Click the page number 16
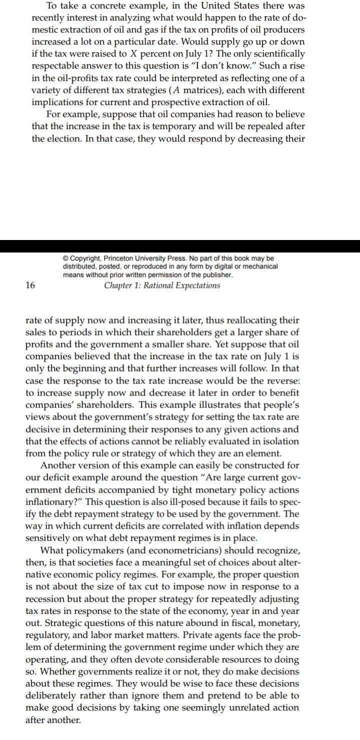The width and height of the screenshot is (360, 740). coord(29,285)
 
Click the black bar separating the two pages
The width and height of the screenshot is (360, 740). coord(180,246)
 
